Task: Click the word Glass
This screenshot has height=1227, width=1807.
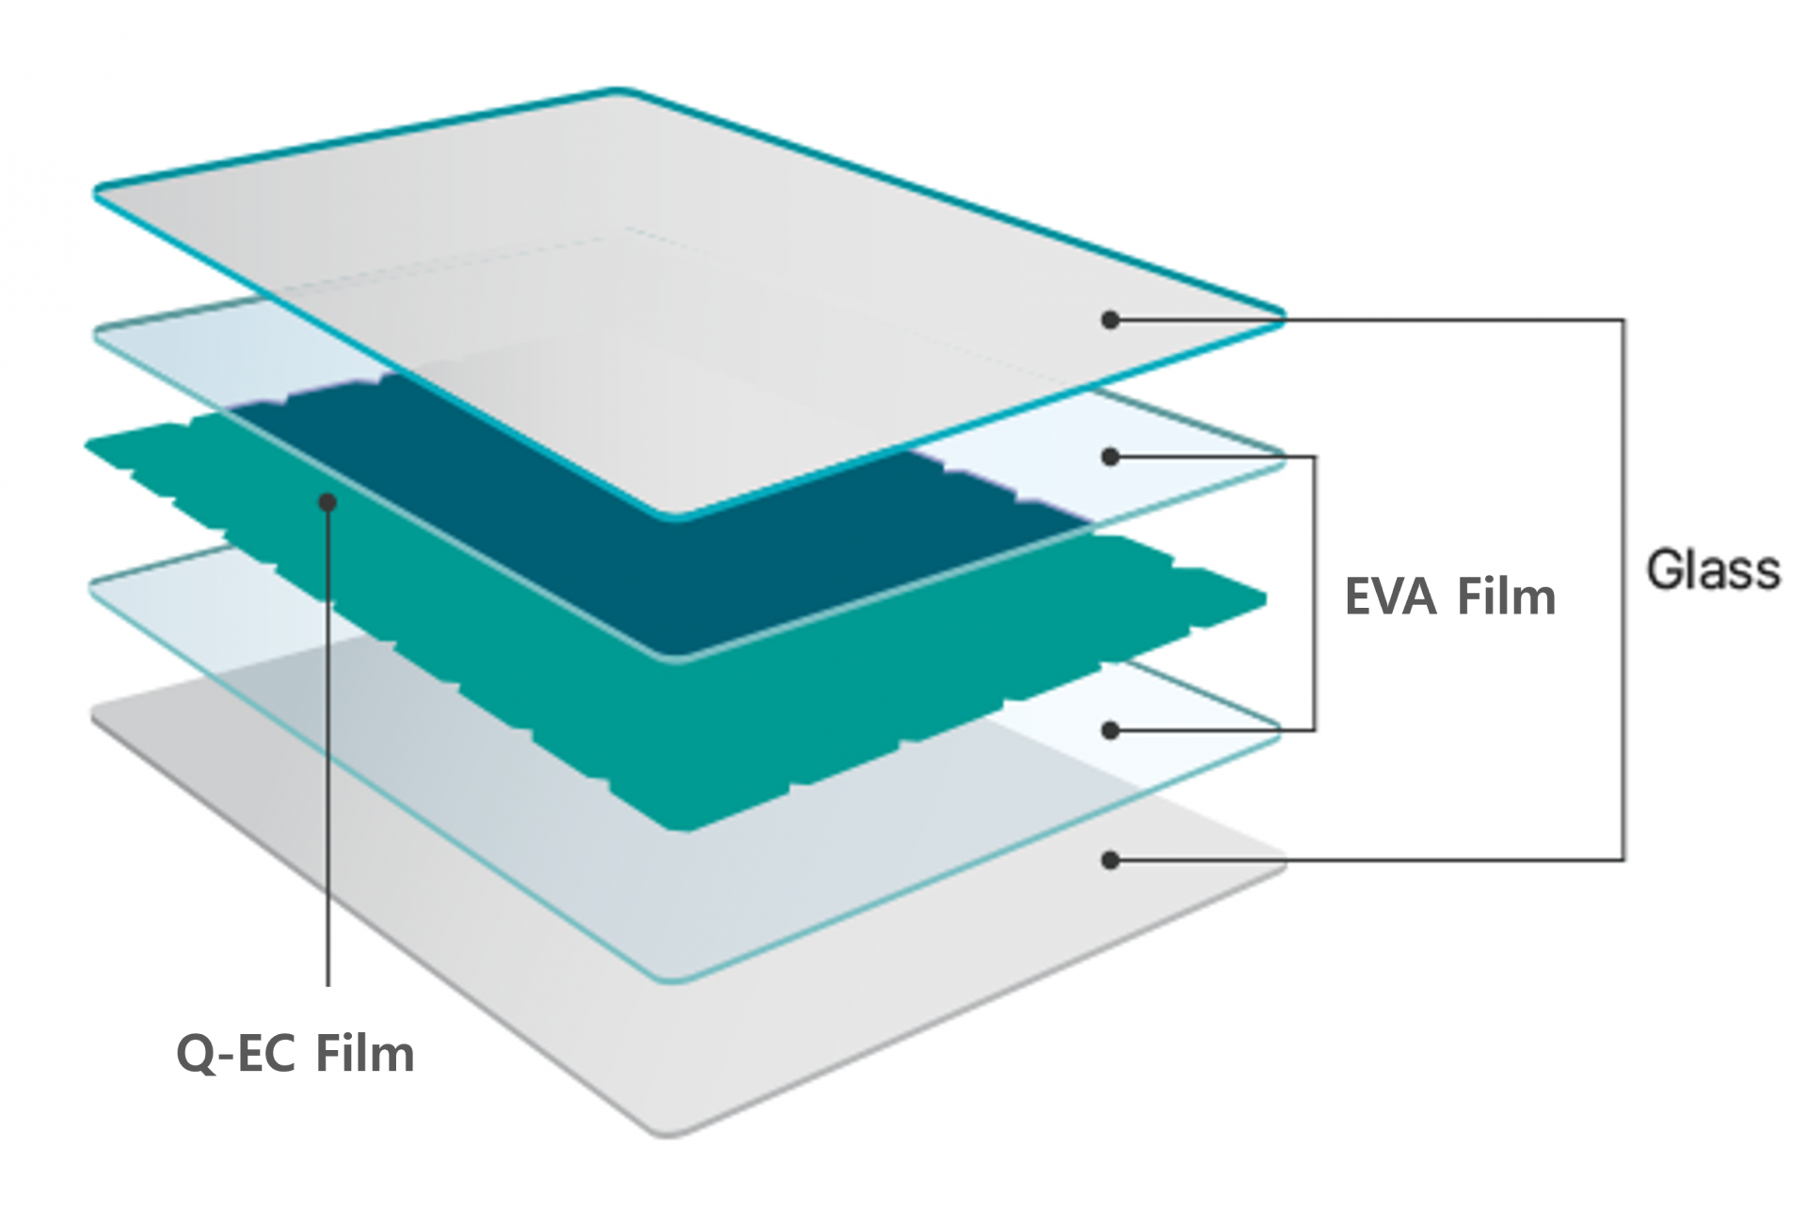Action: [1713, 570]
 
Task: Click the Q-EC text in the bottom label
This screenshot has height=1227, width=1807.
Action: [238, 1053]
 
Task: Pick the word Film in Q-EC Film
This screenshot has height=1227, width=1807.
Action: [364, 1053]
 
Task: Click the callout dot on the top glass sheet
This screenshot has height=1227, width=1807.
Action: [1111, 320]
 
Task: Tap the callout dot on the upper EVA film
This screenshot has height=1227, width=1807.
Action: [1111, 457]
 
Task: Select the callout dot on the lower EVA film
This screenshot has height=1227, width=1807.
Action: [1111, 730]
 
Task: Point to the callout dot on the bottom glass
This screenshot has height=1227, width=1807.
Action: [1111, 860]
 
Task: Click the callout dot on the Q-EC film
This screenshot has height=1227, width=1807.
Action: [328, 503]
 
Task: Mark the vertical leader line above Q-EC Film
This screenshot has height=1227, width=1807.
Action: [328, 753]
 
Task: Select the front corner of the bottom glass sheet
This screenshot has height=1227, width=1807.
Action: [670, 1135]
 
